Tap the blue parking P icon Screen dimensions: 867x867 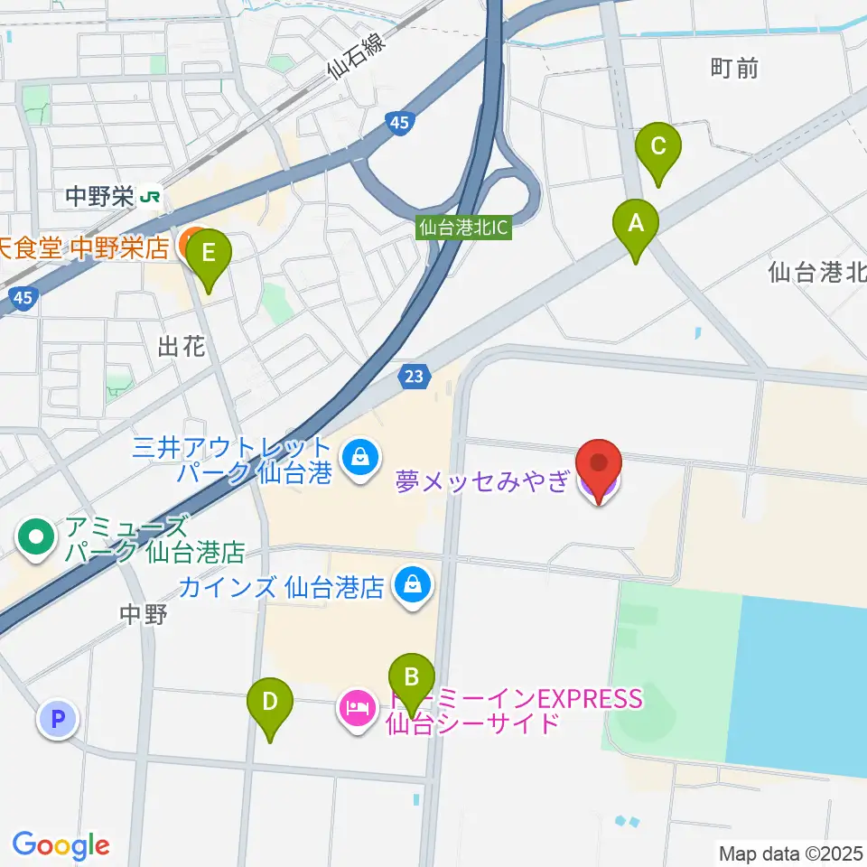pos(58,720)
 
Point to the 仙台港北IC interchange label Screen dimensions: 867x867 pos(464,228)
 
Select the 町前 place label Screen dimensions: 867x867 pos(734,68)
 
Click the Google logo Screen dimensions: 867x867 pos(61,845)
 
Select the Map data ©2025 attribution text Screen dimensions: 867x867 pos(790,853)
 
